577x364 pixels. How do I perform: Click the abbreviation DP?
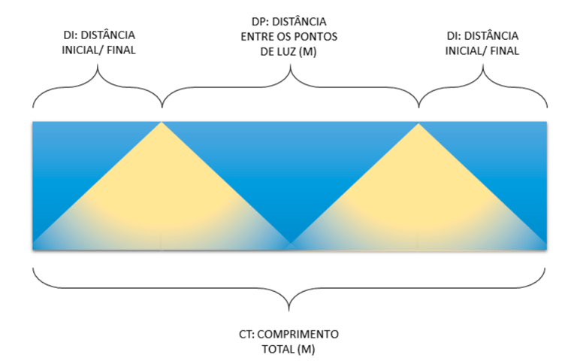coord(260,20)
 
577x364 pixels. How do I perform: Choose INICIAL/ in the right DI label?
coord(464,51)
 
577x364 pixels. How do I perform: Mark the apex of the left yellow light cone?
coord(162,123)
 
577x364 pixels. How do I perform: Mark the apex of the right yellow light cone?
coord(418,123)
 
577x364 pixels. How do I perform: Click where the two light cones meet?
coord(290,245)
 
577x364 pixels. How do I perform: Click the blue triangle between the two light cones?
coord(290,165)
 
